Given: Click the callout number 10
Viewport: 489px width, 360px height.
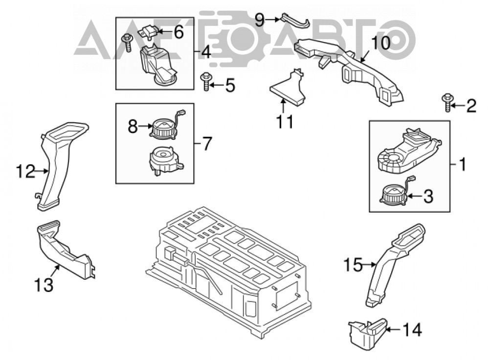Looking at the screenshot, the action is tap(380, 43).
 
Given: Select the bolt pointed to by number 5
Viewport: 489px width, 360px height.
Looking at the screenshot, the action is tap(205, 81).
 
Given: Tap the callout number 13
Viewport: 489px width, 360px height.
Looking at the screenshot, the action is tap(44, 285).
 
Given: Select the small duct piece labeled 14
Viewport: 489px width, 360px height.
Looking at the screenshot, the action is tap(367, 333).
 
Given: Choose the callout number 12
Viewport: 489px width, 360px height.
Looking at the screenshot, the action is tap(25, 171).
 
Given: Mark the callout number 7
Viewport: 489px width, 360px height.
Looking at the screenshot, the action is tap(206, 143).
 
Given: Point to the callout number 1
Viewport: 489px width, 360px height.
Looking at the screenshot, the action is tap(463, 164).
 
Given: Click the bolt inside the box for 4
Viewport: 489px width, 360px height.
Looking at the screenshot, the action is tap(128, 43).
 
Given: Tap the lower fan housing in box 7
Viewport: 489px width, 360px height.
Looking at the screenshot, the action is tap(165, 160).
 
